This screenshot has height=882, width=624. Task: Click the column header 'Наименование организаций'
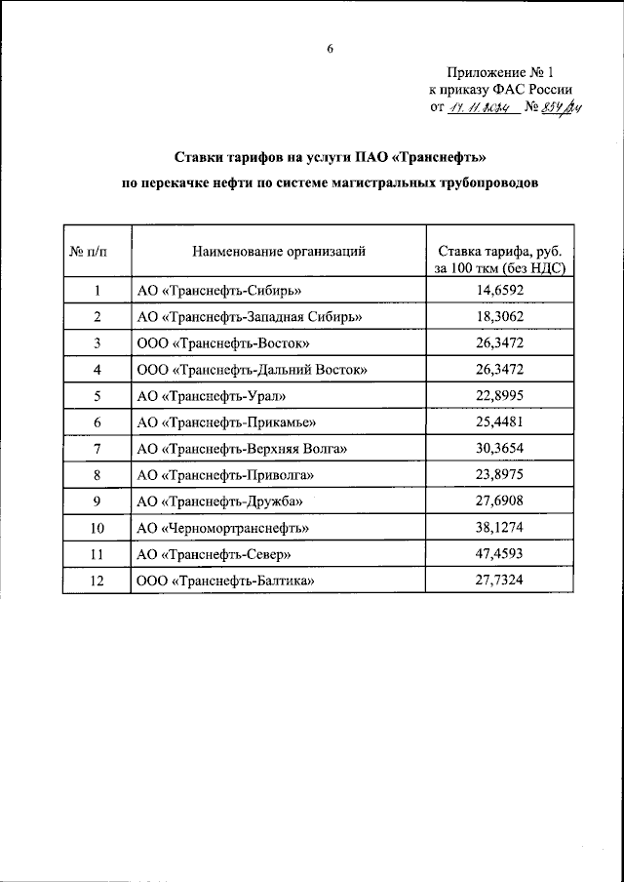tap(279, 251)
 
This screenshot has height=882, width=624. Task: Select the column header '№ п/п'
tap(97, 251)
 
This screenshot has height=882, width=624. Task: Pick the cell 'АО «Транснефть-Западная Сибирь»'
tap(251, 317)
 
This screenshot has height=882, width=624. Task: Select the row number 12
tap(97, 581)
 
